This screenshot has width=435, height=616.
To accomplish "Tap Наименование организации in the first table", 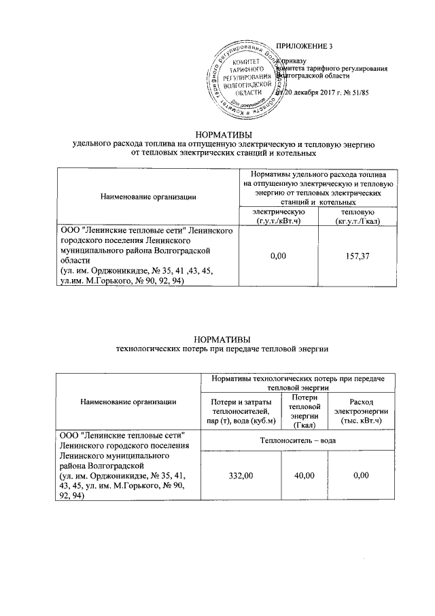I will (x=148, y=197).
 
